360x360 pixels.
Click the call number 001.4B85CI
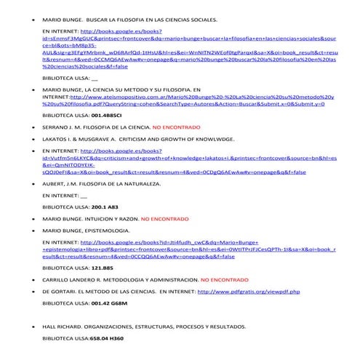click(97, 116)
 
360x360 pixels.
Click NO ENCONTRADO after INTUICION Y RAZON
click(168, 217)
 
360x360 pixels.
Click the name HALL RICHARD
click(63, 327)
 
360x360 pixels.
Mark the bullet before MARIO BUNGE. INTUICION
click(26, 217)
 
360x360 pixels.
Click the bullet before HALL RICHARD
click(26, 327)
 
